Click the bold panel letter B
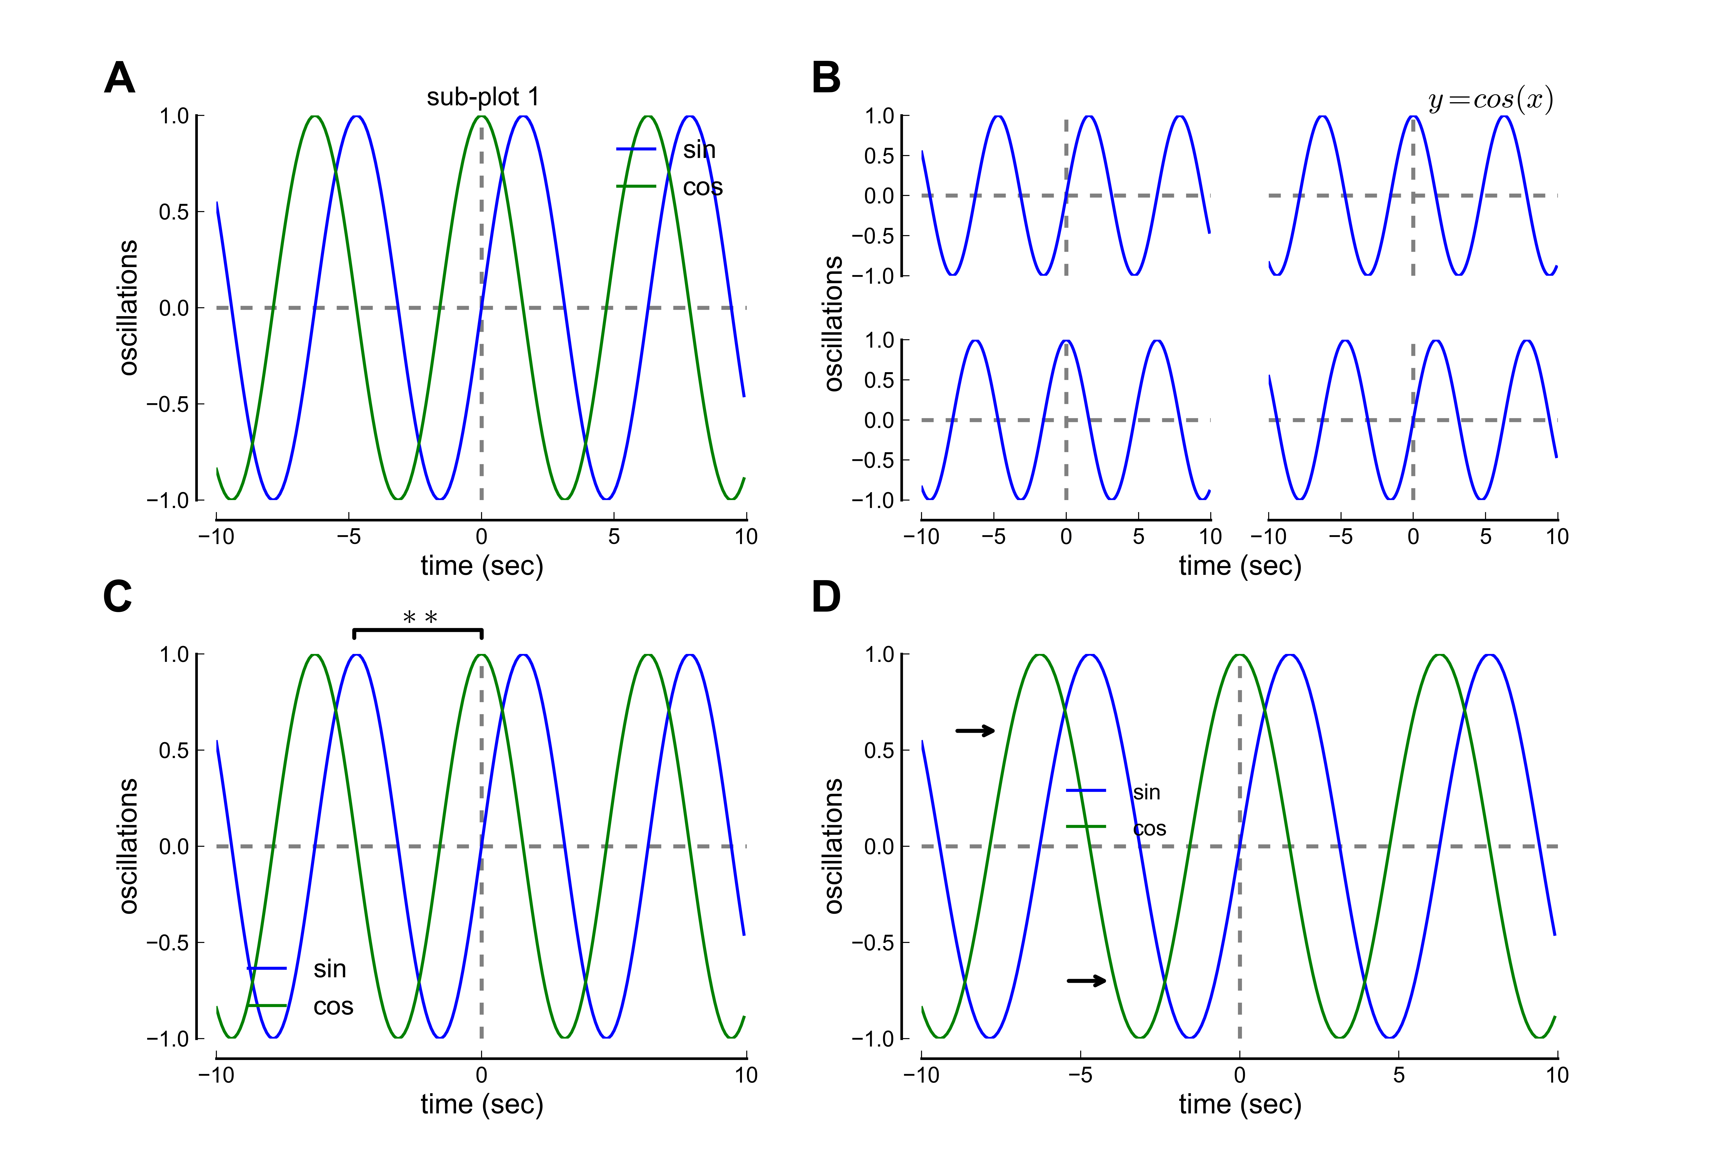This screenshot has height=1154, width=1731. pos(826,78)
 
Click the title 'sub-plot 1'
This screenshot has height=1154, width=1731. pos(483,97)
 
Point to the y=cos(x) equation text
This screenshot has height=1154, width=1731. pos(1490,99)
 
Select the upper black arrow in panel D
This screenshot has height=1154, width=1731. pos(975,731)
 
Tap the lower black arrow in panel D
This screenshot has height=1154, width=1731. pos(1086,980)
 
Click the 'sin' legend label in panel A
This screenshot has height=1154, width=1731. pos(699,150)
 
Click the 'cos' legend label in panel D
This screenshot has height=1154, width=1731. pos(1150,829)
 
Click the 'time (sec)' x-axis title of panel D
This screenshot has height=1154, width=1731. pos(1240,1104)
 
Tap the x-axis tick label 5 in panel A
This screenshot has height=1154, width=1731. pos(614,537)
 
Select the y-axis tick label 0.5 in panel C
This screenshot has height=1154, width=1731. pos(174,751)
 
